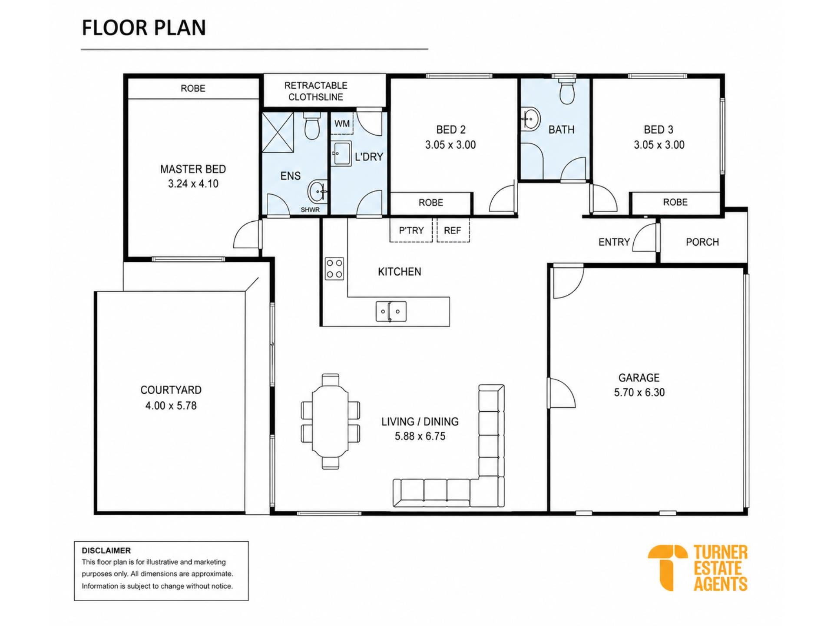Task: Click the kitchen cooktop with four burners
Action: coord(334,268)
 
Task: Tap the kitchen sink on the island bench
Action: coord(391,311)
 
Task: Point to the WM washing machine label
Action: coord(342,124)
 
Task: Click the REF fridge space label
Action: coord(452,230)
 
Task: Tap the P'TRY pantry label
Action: coord(411,230)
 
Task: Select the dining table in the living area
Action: coord(331,421)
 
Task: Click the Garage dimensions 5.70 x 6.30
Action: coord(639,393)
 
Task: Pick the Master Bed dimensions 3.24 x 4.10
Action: coord(193,184)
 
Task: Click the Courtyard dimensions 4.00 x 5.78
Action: coord(171,406)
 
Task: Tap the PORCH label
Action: coord(702,242)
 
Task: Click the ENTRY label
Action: coord(614,242)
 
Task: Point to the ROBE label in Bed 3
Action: coord(675,202)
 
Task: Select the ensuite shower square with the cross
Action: coord(278,132)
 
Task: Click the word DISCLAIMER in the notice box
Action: coord(106,550)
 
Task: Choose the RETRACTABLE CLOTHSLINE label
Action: coord(316,91)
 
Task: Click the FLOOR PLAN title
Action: coord(144,27)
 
